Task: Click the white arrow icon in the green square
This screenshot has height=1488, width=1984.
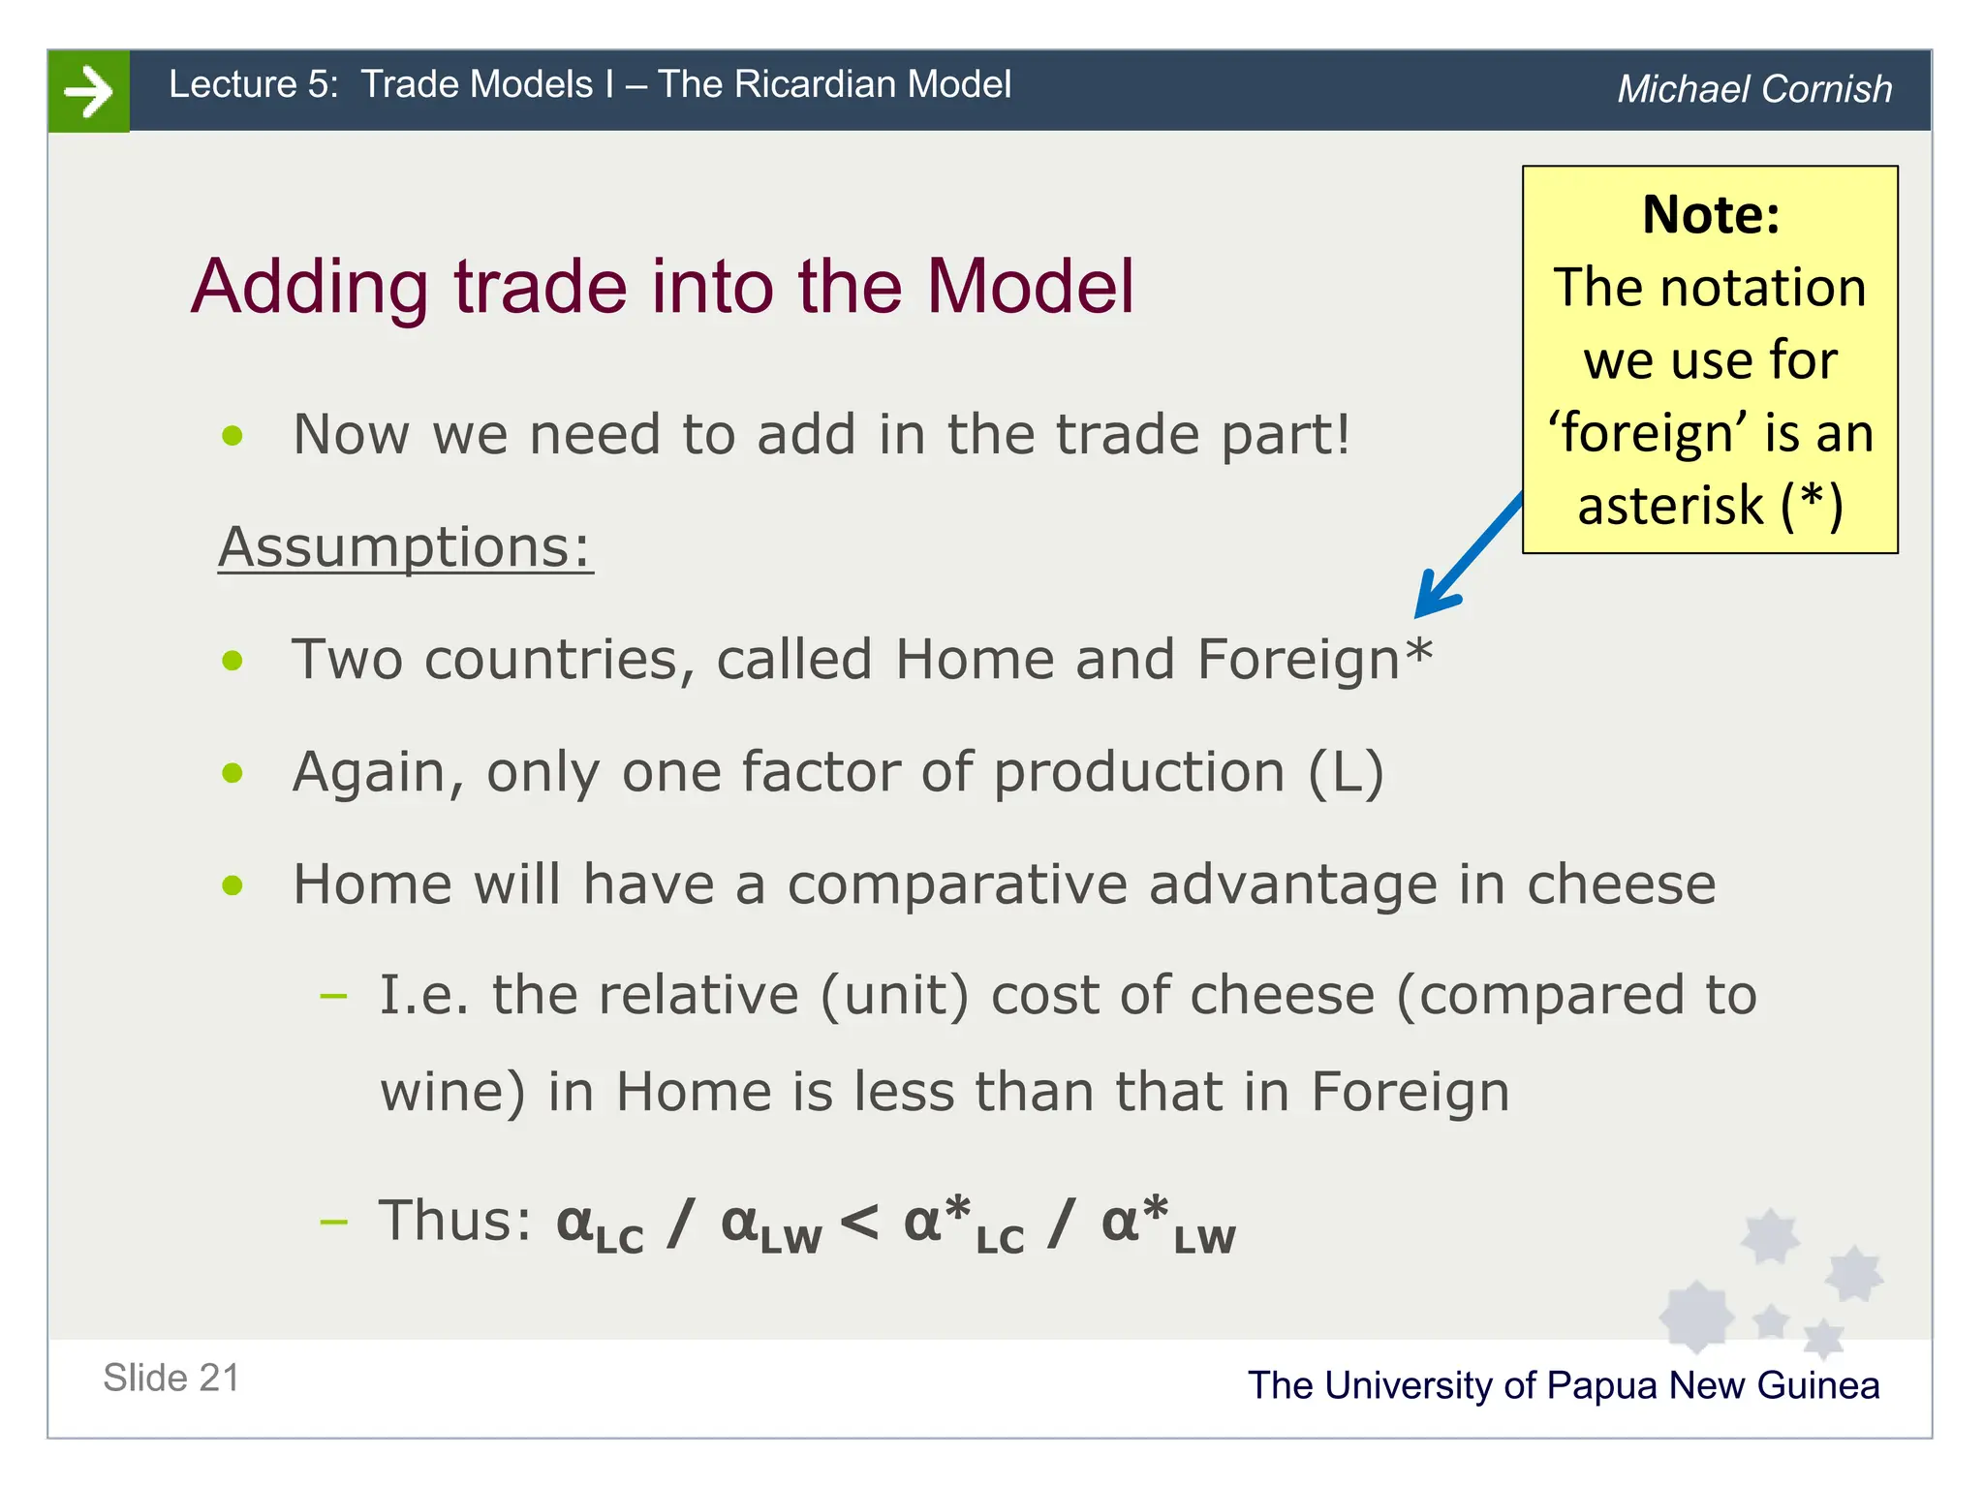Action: pos(88,91)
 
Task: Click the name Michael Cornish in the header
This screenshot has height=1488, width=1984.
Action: pos(1754,89)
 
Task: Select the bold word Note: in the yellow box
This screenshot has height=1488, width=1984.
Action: pos(1711,214)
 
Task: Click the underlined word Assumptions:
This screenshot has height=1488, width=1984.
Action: pos(405,547)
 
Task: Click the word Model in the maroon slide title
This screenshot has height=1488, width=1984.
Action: pos(1030,287)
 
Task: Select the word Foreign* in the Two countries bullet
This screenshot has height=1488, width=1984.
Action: pos(1315,660)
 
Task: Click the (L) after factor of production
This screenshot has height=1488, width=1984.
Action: pos(1346,772)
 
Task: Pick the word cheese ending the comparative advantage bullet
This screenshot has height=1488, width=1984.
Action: pos(1621,884)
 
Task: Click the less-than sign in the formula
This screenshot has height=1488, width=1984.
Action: pos(859,1222)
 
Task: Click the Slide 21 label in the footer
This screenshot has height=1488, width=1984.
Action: pos(171,1378)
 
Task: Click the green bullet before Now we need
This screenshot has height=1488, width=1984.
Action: pos(232,436)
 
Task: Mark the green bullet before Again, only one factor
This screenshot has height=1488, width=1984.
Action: pos(232,773)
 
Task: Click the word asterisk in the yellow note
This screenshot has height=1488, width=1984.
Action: pos(1670,506)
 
